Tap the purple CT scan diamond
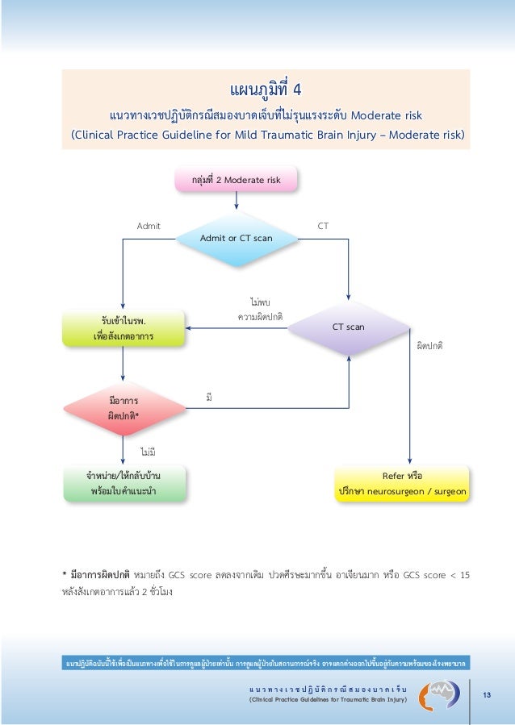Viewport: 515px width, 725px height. click(x=349, y=327)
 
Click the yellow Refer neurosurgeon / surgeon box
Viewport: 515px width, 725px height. click(x=401, y=482)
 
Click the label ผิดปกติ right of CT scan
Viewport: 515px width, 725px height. click(x=429, y=345)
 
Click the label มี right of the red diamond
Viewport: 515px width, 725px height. click(x=210, y=398)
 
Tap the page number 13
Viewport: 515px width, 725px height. click(x=487, y=695)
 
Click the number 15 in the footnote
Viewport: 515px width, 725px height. click(x=464, y=575)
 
